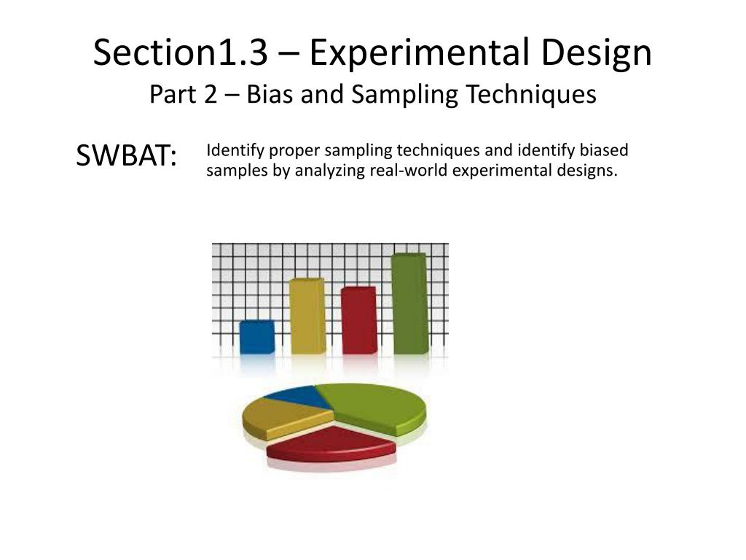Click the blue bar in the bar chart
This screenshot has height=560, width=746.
pos(257,337)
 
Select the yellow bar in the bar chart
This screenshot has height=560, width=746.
pos(307,316)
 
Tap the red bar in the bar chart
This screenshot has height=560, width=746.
pos(358,320)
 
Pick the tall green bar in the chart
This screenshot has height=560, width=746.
pos(409,303)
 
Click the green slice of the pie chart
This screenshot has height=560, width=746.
pos(375,405)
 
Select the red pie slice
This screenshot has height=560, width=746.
pos(331,444)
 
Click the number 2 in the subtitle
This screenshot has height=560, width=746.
pos(210,95)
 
